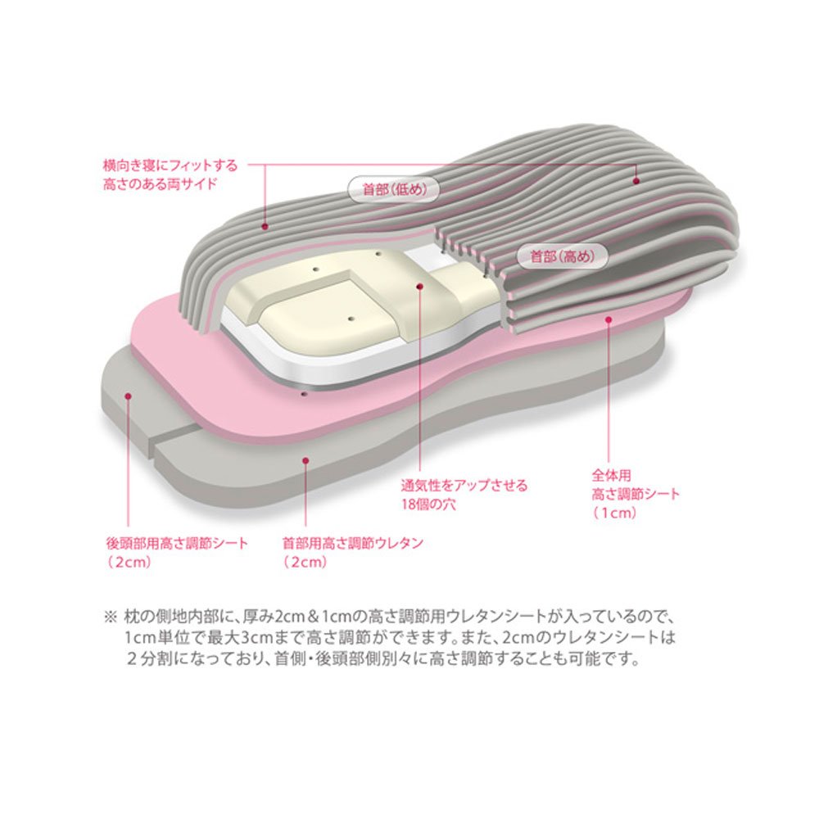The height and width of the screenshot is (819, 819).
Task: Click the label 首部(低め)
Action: coord(393,188)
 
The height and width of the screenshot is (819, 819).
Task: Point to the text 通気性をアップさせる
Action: coord(464,485)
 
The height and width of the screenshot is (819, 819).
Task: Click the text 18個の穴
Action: coord(428,504)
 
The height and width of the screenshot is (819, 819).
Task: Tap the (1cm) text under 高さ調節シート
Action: coord(614,513)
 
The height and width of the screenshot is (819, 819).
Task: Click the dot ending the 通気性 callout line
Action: coord(420,287)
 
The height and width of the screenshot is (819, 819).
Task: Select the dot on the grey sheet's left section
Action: coord(129,394)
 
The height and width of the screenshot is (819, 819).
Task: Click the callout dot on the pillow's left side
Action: coord(265,223)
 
